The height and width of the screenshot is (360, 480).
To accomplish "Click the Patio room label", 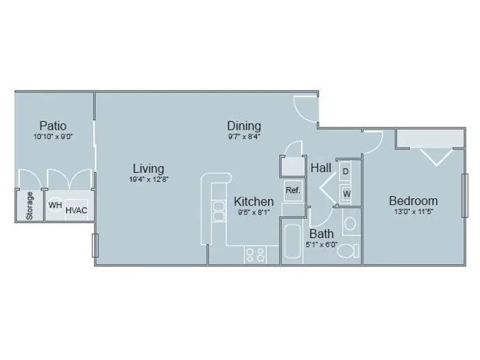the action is (53, 125).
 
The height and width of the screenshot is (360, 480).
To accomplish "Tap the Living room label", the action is (149, 169).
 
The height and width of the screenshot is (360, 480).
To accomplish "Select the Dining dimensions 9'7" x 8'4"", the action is (244, 136).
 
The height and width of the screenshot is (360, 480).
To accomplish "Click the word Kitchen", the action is (254, 202).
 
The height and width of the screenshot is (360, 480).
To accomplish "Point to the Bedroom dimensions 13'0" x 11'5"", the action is (413, 211).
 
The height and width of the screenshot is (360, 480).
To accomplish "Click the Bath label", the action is (322, 234).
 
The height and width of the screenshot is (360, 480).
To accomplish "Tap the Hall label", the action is (321, 168).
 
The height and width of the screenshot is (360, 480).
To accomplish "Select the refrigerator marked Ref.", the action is (293, 191).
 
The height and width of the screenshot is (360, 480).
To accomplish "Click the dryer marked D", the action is (346, 171).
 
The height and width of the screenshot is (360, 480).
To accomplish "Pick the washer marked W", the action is (346, 194).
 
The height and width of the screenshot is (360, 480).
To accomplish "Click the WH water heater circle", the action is (56, 205).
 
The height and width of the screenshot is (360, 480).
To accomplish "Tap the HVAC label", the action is (76, 211).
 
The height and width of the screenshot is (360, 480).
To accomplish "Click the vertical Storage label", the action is (29, 206).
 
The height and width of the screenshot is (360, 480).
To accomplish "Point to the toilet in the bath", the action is (348, 251).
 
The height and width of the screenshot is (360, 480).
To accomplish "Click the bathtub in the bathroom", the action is (292, 241).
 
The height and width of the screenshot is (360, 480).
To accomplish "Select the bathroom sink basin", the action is (350, 224).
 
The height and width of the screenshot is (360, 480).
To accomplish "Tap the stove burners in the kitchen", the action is (255, 254).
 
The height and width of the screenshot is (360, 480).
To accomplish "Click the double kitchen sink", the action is (219, 211).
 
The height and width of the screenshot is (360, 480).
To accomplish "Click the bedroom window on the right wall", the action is (465, 195).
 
